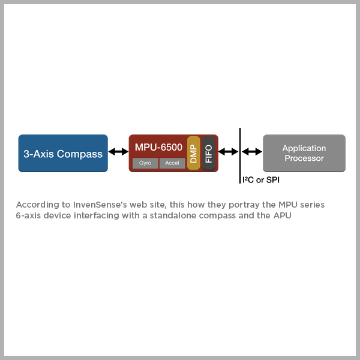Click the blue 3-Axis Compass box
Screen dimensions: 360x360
(63, 153)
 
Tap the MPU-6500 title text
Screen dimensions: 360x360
(158, 147)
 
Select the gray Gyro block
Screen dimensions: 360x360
(145, 163)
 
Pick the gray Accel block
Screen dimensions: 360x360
(172, 163)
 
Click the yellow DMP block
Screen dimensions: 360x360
(193, 153)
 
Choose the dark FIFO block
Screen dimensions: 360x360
(208, 153)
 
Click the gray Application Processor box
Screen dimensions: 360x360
(304, 153)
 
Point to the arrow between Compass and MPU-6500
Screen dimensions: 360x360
(118, 153)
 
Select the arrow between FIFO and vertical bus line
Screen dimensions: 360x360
(228, 153)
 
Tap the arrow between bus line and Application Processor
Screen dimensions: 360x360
(251, 153)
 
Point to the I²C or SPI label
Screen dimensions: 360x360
(261, 179)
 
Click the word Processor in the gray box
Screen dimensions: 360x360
(304, 158)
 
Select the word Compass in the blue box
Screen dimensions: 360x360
(80, 154)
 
